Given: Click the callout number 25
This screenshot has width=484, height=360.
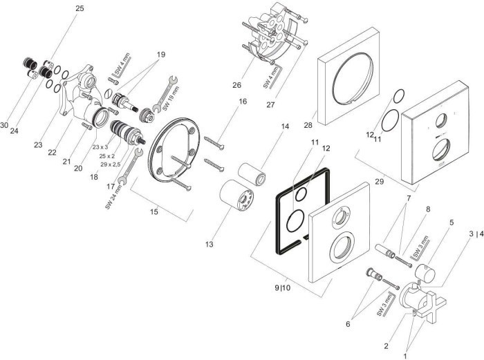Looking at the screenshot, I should click(80, 8).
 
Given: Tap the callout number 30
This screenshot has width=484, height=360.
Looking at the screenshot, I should click(5, 125).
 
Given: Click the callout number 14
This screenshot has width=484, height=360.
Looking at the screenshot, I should click(285, 126).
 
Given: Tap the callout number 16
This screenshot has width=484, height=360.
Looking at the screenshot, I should click(243, 102).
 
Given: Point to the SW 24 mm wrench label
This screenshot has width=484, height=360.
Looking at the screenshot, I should click(113, 198).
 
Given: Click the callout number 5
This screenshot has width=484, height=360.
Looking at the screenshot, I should click(452, 222).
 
